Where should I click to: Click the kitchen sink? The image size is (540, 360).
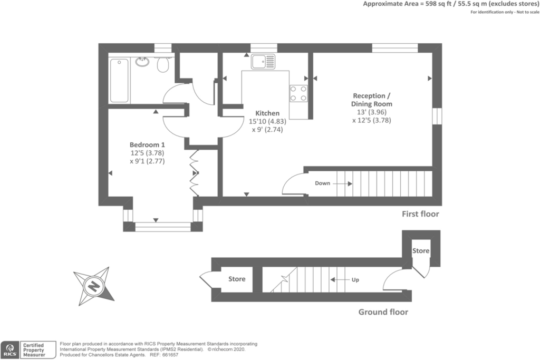(263, 61)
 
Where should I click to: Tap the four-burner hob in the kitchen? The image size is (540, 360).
(298, 93)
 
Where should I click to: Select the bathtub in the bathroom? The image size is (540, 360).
(119, 81)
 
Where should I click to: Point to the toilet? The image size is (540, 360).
(163, 64)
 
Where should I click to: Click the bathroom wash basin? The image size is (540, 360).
(142, 62)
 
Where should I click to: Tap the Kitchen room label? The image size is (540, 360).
(267, 113)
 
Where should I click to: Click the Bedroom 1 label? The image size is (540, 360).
(147, 145)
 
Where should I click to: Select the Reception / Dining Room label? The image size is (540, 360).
(372, 100)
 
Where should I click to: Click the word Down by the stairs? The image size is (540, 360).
(322, 183)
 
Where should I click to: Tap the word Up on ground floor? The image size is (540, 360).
(355, 280)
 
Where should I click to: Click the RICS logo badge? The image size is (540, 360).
(9, 350)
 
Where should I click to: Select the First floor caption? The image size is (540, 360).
(420, 214)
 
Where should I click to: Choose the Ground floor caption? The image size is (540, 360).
(383, 312)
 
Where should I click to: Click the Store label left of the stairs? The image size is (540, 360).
(237, 279)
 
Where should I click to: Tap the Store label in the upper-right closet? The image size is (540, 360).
(421, 251)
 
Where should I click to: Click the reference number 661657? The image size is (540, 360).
(170, 355)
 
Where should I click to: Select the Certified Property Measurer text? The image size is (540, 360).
(34, 350)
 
